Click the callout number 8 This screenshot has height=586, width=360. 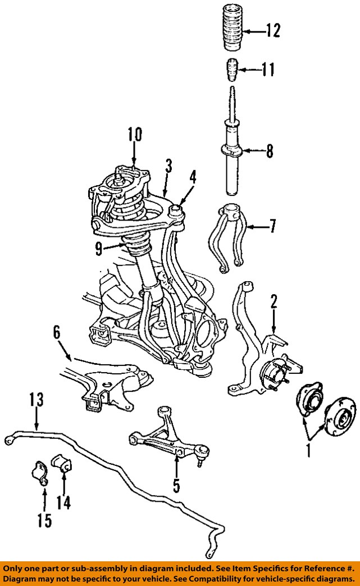click(270, 152)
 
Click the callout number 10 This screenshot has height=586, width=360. click(135, 135)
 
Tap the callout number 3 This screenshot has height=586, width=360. click(168, 166)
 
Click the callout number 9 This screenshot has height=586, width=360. click(99, 249)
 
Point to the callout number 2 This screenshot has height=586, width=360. click(274, 302)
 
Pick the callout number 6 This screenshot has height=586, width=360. click(57, 333)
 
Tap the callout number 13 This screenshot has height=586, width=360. click(37, 399)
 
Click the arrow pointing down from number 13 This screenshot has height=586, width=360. click(37, 418)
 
